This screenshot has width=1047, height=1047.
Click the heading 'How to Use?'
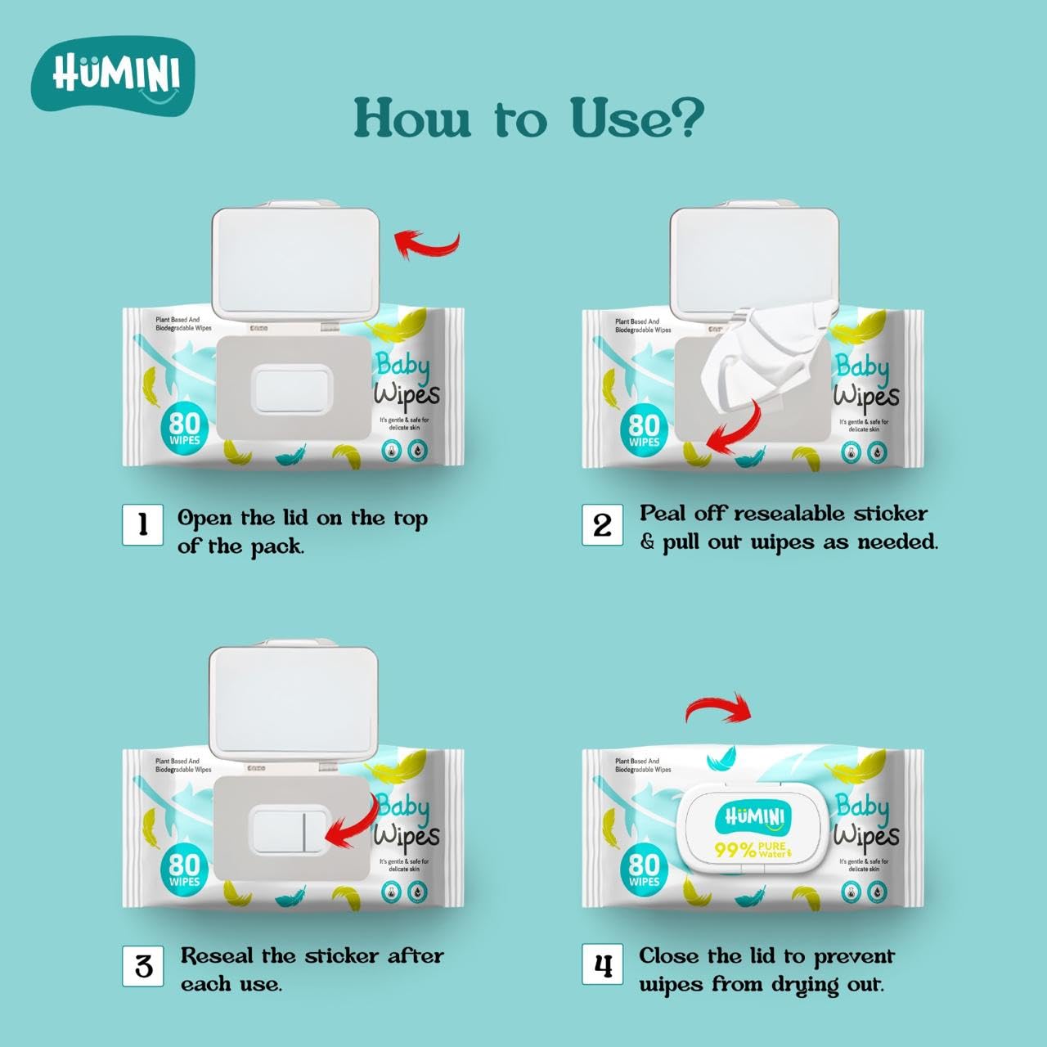click(x=528, y=119)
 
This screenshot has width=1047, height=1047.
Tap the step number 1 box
click(x=142, y=524)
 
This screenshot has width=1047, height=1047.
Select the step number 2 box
click(x=602, y=524)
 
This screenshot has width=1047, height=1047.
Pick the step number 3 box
click(x=143, y=966)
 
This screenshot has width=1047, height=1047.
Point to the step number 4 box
click(x=602, y=966)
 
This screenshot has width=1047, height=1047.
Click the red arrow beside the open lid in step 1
click(x=427, y=244)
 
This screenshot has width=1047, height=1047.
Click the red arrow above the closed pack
click(x=717, y=708)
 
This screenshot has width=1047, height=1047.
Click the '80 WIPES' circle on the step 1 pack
click(x=185, y=429)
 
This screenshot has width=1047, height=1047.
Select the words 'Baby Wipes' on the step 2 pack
click(x=865, y=381)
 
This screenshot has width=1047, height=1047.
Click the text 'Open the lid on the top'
click(x=302, y=519)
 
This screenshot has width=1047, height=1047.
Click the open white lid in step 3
click(x=294, y=703)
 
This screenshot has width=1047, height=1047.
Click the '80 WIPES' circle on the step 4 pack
click(x=644, y=870)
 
